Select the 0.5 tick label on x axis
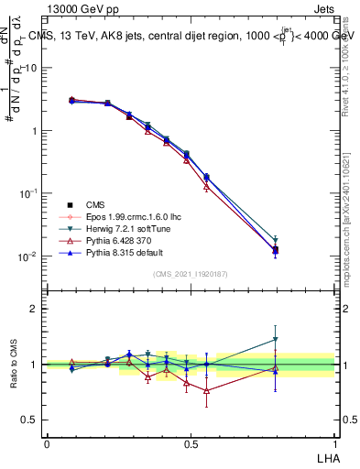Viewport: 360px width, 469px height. click(191, 444)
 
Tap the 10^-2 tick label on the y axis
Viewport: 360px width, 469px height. click(29, 256)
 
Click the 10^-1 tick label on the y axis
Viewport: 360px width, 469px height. click(29, 193)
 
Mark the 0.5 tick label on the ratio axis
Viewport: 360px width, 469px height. click(30, 420)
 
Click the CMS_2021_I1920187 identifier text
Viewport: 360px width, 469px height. click(191, 274)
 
